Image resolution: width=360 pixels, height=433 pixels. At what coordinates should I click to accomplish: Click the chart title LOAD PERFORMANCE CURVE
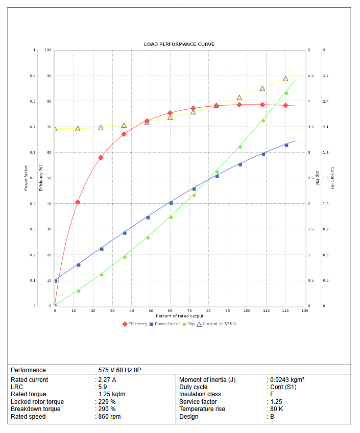click(179, 44)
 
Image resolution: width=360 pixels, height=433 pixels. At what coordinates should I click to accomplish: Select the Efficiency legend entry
click(137, 324)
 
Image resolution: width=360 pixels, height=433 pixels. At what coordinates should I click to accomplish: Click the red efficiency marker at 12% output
click(78, 202)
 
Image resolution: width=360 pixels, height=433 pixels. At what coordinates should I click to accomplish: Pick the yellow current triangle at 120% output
click(285, 78)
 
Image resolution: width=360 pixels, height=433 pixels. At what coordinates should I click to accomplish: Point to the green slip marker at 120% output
click(286, 93)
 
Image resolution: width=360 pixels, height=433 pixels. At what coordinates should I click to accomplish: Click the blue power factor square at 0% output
click(56, 281)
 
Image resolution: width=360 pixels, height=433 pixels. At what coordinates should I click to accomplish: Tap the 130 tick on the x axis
click(305, 310)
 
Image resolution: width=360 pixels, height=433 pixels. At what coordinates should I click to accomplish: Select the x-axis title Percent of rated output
click(180, 316)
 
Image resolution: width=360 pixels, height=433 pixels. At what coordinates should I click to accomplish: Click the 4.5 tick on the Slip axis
click(309, 76)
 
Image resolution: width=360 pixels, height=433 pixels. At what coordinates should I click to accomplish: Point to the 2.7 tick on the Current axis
click(325, 76)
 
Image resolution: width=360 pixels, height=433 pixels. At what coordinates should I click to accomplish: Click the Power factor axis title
click(26, 178)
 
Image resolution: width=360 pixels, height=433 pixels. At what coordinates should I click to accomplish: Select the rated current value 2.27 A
click(107, 380)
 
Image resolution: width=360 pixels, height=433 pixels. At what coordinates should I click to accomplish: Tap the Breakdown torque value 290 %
click(107, 409)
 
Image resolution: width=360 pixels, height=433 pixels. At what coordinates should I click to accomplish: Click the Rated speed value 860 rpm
click(109, 417)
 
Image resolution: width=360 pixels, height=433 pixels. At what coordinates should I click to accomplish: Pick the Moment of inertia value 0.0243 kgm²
click(287, 380)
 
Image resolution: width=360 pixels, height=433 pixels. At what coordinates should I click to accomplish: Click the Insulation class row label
click(200, 394)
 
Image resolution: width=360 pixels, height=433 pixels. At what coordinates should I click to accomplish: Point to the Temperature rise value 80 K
click(276, 409)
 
